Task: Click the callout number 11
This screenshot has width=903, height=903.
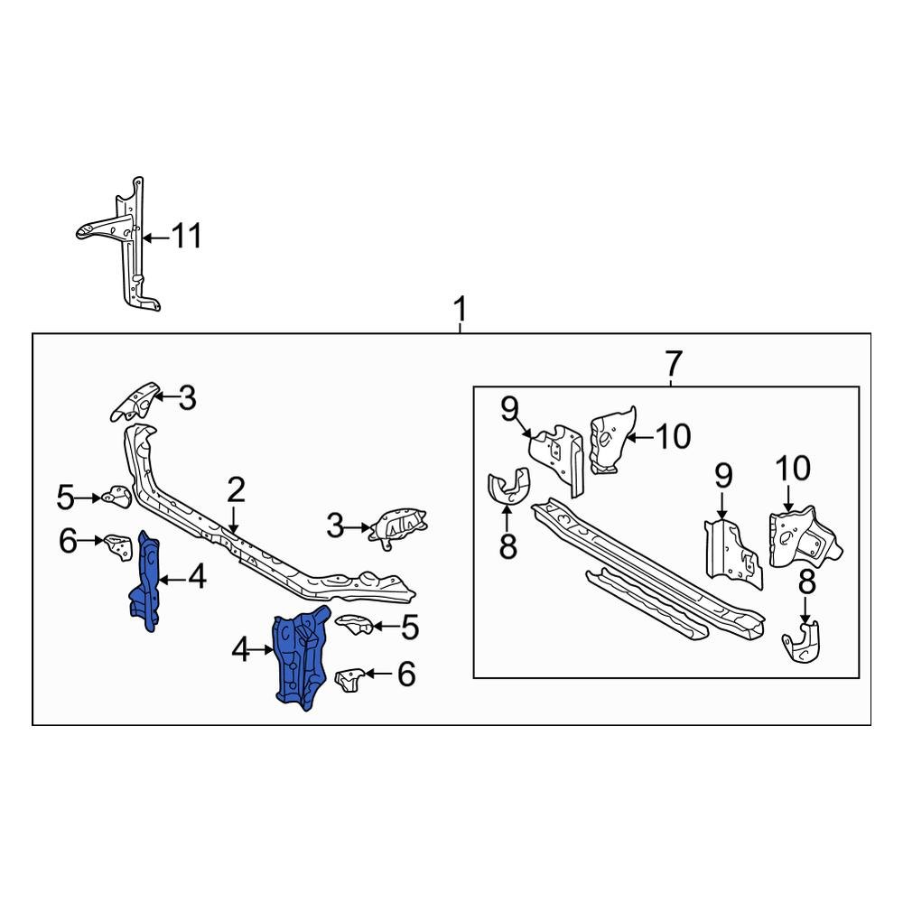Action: coord(186,237)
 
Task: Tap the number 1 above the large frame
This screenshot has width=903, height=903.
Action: coord(461,311)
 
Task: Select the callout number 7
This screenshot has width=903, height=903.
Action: coord(673,364)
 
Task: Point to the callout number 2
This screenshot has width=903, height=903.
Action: coord(236,491)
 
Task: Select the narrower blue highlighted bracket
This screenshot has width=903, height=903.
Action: coord(146,582)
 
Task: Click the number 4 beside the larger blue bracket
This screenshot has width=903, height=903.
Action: coord(240,649)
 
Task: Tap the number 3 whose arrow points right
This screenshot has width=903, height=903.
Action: coord(336,526)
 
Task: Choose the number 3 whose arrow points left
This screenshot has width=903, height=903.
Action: coord(187,397)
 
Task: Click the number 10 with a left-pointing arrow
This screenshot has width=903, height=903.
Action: coord(673,437)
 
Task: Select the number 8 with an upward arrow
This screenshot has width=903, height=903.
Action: coord(507,545)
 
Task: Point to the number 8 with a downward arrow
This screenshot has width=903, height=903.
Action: coord(806,583)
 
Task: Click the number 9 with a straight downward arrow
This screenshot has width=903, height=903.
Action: coord(723,476)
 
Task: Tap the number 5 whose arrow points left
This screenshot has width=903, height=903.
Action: coord(409,627)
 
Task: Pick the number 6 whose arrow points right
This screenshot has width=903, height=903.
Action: coord(69,541)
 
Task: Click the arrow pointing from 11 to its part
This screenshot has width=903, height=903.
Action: coord(154,237)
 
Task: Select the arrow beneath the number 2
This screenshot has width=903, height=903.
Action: coord(233,518)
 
